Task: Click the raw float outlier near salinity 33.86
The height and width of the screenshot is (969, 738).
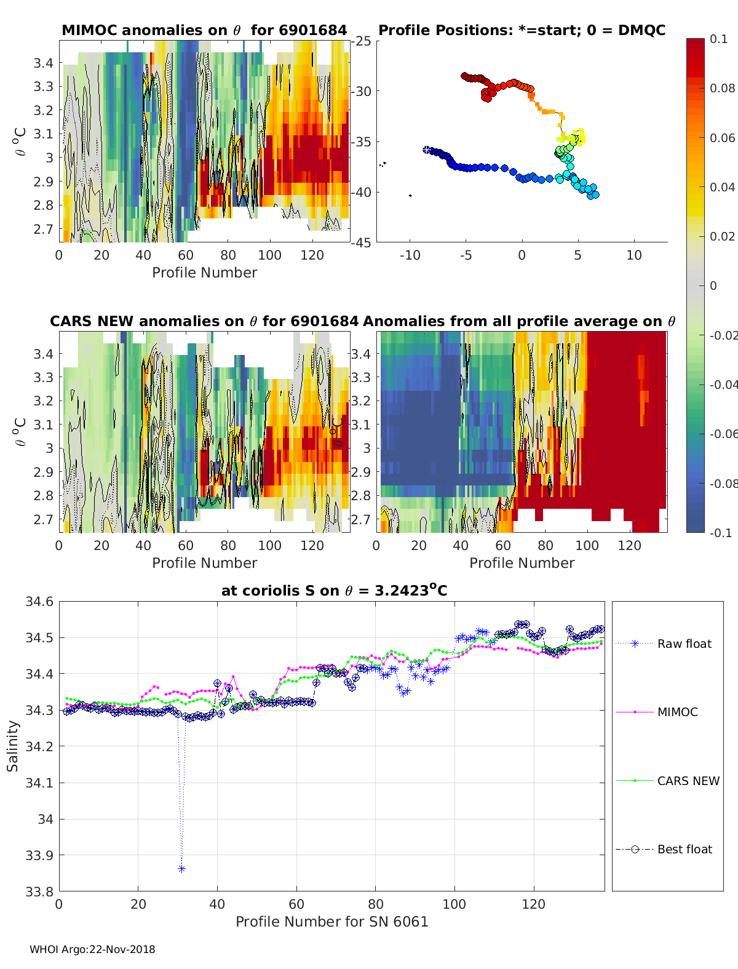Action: point(181,869)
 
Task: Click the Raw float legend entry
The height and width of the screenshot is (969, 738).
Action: point(664,644)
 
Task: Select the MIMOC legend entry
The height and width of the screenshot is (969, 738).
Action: point(657,712)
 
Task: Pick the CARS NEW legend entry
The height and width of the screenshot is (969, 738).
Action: point(667,781)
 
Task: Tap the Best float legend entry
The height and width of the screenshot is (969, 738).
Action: point(664,850)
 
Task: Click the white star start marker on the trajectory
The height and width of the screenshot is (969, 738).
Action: point(427,150)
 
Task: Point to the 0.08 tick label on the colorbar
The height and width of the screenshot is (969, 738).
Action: point(722,89)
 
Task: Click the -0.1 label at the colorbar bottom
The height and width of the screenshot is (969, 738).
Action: point(721,533)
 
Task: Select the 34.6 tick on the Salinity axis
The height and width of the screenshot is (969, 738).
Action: point(39,602)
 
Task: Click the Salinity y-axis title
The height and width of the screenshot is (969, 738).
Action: point(13,746)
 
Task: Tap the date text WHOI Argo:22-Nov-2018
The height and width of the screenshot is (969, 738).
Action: point(92,949)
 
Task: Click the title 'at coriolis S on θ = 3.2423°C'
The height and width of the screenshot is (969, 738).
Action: point(334,590)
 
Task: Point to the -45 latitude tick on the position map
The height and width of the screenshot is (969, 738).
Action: point(361,242)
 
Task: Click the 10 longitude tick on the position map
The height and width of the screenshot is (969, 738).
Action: point(634,255)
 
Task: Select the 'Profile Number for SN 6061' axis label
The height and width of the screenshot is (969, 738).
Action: point(331,922)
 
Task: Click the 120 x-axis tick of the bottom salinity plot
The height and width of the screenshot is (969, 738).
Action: point(534,904)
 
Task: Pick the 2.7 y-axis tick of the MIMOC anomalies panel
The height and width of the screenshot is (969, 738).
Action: point(43,229)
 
